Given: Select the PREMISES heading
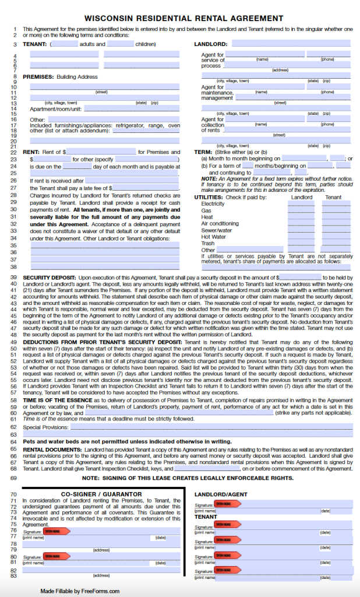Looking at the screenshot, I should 38,76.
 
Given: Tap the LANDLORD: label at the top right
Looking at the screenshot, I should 210,44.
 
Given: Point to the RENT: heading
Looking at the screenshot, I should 31,152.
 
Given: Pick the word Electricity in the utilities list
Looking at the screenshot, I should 213,204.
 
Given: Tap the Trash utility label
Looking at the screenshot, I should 208,243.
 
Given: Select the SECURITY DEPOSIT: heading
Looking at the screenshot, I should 49,278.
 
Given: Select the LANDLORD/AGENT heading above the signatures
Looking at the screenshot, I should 217,494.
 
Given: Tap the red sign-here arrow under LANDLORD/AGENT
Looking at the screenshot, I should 224,503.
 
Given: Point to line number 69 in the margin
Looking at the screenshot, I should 13,477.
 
